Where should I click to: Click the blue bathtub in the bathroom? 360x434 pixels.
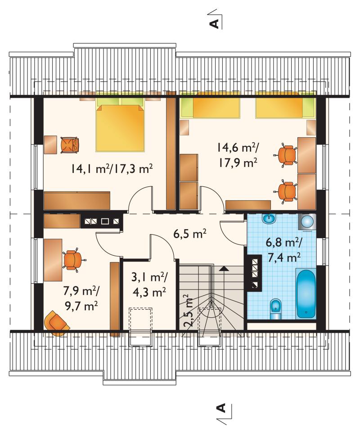click(x=306, y=293)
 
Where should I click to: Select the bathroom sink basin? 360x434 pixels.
click(x=269, y=219)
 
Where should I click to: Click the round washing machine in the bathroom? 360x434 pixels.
click(x=307, y=222)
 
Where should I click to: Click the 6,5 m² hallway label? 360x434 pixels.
click(x=190, y=234)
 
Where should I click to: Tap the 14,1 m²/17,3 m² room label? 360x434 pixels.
click(x=112, y=168)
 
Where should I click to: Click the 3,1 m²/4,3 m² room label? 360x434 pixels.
click(x=149, y=284)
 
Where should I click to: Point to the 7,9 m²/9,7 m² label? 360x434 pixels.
click(x=81, y=298)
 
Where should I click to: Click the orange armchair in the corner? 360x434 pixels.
click(x=56, y=323)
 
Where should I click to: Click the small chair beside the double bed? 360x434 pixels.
click(x=69, y=145)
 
